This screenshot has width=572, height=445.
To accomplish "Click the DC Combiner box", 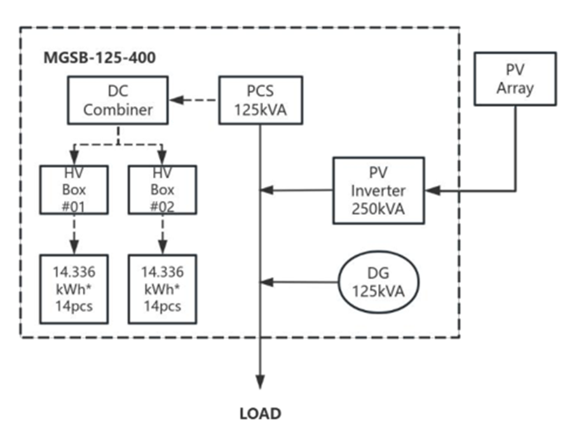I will tap(118, 100).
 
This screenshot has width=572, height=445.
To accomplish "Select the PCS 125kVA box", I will tap(261, 100).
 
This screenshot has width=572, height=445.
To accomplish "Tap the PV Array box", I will tap(515, 78).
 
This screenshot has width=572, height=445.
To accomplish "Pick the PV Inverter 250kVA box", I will tap(379, 191).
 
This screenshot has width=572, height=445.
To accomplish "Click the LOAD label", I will tap(260, 414).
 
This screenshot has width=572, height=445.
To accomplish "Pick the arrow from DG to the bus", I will tap(299, 282).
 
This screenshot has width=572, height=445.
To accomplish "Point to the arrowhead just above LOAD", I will tap(260, 381).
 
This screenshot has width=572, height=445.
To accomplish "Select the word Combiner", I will tap(118, 109).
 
